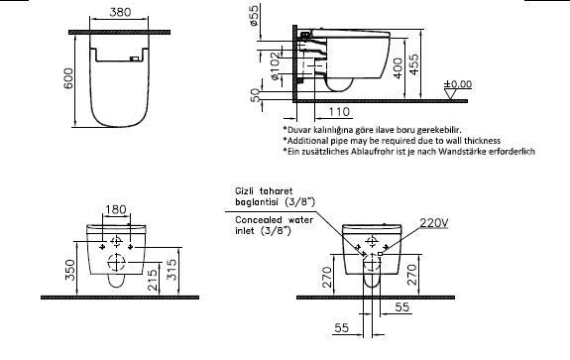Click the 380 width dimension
tap(120, 12)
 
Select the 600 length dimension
tap(68, 78)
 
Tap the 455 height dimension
tap(413, 64)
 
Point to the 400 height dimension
tap(399, 68)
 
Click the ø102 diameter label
tap(276, 66)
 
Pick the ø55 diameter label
tap(255, 15)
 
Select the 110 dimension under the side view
tap(339, 112)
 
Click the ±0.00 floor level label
tap(458, 84)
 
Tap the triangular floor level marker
tap(450, 94)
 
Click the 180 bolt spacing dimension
tap(116, 210)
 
